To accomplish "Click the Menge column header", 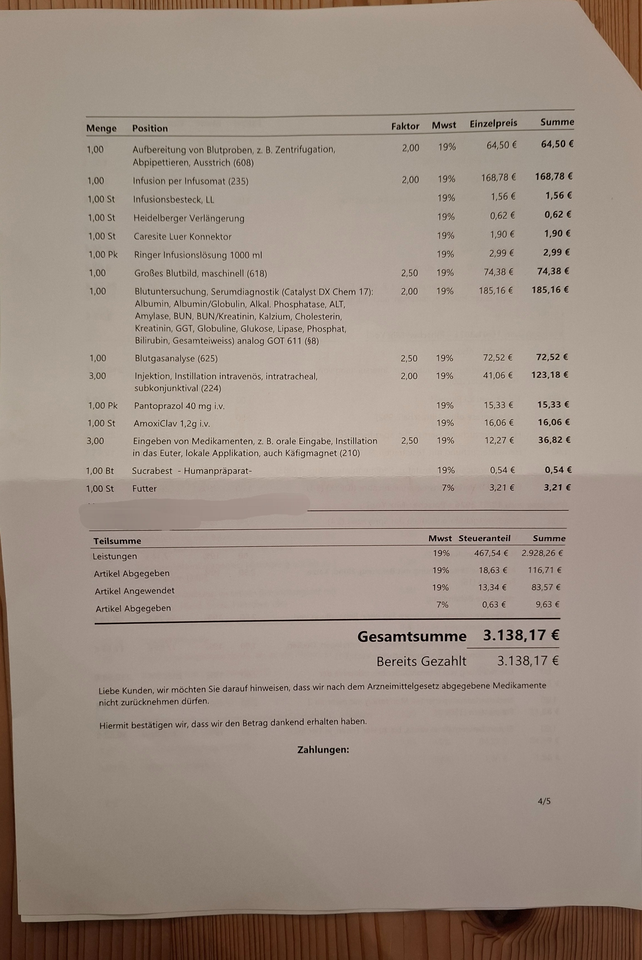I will tap(101, 128).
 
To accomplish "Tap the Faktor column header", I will tap(405, 127).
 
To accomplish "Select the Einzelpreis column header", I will tap(493, 123).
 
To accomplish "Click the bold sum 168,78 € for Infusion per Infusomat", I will tap(554, 177).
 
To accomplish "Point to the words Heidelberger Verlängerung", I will tap(189, 218).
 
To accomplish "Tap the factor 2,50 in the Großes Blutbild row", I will tap(409, 273).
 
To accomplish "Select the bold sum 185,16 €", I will tap(550, 290).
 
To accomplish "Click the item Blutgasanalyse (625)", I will tap(176, 358).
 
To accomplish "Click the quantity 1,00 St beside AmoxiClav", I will tap(101, 423).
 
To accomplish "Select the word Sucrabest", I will tap(152, 471).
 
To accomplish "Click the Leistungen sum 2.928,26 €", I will tap(542, 553).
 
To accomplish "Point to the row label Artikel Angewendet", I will tap(135, 591).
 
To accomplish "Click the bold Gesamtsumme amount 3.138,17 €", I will tap(521, 635).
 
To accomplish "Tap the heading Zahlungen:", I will tap(323, 750).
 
